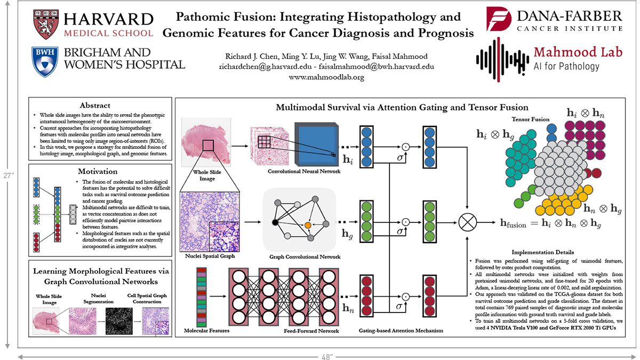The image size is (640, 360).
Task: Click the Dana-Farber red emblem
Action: (498, 20)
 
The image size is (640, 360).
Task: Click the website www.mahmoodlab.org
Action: (326, 77)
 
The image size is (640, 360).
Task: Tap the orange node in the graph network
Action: (308, 226)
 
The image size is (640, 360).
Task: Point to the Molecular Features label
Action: (207, 331)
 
